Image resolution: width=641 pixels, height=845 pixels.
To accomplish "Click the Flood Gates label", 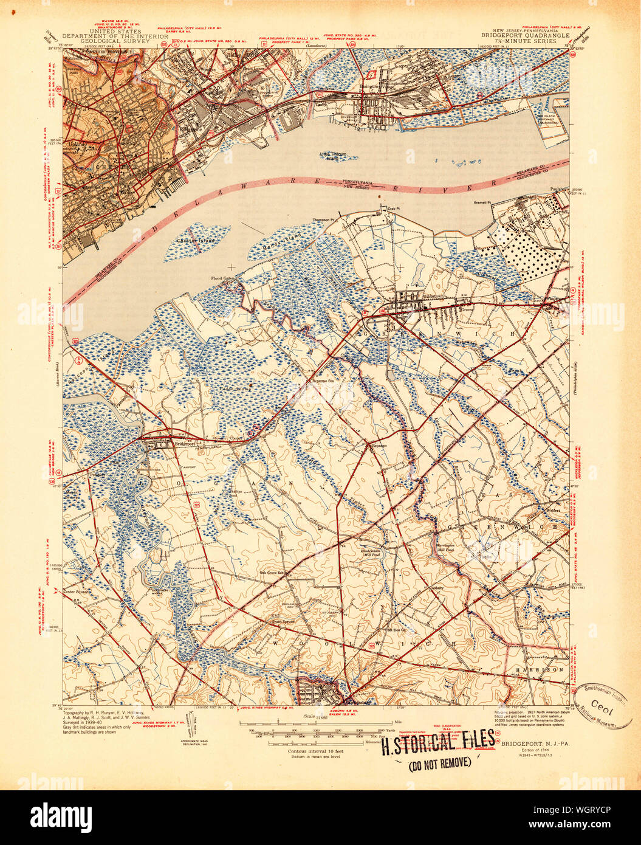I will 222,279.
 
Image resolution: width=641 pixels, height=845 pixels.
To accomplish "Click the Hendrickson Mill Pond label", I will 372,536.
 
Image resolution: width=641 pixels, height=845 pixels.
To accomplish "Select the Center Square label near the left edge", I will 75,590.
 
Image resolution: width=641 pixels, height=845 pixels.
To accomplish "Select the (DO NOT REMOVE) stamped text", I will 439,762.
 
